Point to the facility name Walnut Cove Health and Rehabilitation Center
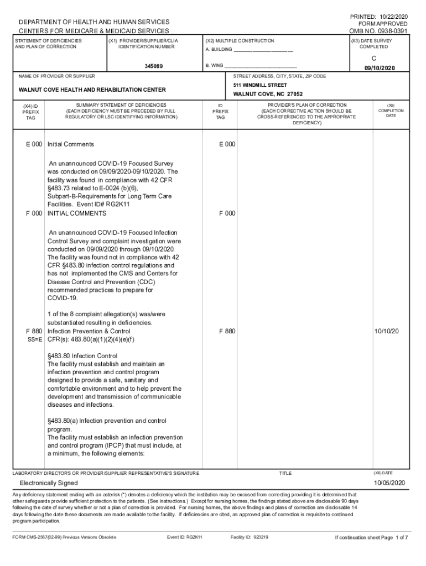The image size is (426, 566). pos(92,90)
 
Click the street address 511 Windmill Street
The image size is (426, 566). pos(260,85)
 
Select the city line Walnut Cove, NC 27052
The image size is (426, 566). pos(268,95)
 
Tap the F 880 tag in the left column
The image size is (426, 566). pos(34,331)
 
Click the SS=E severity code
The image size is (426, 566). pos(34,339)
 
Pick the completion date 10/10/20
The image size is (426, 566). pos(387,331)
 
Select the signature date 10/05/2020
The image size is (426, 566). pos(389,483)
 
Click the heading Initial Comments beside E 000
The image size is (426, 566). pos(71,144)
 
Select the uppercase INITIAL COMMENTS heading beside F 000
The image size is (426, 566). pos(77,213)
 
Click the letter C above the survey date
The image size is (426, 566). pos(374,58)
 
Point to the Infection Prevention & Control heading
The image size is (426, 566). pos(89,331)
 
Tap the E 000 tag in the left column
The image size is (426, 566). pos(34,144)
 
